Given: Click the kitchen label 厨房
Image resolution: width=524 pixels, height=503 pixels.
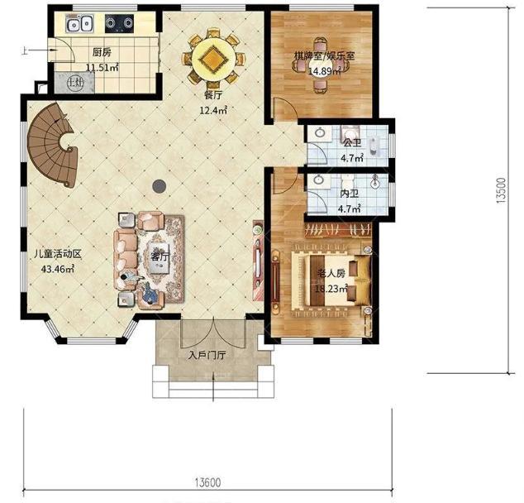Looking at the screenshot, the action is [102, 52].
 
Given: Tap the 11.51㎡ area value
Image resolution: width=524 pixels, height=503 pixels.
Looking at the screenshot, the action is [102, 68].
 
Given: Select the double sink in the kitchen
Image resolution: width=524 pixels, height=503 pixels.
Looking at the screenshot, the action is [79, 24].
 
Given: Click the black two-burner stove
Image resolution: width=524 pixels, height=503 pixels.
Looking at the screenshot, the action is [119, 23].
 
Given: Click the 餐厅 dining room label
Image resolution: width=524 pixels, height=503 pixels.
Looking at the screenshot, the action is [213, 96].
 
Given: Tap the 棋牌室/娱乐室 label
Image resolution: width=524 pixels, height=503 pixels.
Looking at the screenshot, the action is [324, 56].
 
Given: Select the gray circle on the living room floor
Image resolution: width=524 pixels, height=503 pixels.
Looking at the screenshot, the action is [159, 186].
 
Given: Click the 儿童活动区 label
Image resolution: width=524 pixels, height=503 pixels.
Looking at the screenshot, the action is [58, 254].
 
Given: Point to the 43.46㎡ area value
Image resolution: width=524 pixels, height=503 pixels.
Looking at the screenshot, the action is [58, 269].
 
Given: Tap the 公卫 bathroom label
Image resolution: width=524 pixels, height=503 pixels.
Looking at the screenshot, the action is [352, 143].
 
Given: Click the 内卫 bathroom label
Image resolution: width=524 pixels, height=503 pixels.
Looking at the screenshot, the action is [350, 194].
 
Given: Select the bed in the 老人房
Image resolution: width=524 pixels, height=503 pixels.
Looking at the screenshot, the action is [331, 280].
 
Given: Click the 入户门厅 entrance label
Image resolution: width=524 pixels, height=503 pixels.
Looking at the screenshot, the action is [206, 355].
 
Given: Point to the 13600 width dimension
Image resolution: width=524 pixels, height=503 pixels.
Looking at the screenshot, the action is [207, 482].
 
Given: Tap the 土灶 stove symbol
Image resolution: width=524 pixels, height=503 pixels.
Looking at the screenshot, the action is [75, 82].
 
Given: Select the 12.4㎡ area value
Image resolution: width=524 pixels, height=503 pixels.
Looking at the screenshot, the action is [213, 110].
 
